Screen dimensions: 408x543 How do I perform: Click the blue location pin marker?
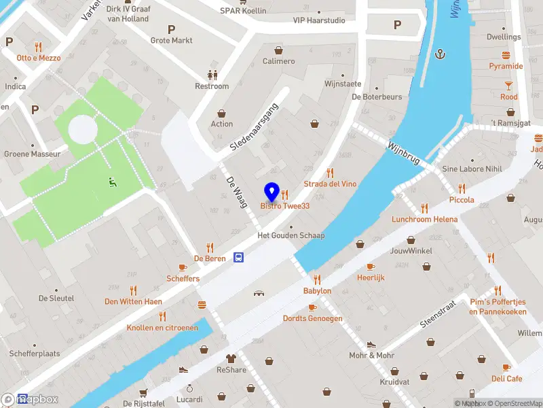coord(271,192)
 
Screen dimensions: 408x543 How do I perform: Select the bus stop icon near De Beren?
coord(239,257)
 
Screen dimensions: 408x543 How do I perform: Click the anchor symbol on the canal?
coord(440,54)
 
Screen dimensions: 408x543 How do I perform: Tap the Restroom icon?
coord(212,75)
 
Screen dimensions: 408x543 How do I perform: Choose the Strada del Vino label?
coord(330,184)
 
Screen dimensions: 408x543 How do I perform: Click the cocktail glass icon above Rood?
coord(508,86)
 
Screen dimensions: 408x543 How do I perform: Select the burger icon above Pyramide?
coord(506,55)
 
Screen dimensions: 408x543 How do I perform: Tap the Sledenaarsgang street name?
coord(255,127)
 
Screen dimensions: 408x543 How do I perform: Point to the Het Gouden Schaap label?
coord(291,236)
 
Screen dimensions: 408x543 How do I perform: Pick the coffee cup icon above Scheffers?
coord(183,267)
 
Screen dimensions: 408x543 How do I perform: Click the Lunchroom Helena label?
coord(424,220)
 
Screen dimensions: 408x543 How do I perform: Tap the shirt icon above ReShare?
coord(231,358)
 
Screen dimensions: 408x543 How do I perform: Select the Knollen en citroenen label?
coord(162,328)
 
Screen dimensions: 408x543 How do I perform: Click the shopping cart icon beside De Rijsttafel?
coord(143,392)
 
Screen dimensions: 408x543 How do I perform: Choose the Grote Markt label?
coord(171,41)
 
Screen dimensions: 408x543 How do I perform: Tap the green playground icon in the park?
coord(113,182)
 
